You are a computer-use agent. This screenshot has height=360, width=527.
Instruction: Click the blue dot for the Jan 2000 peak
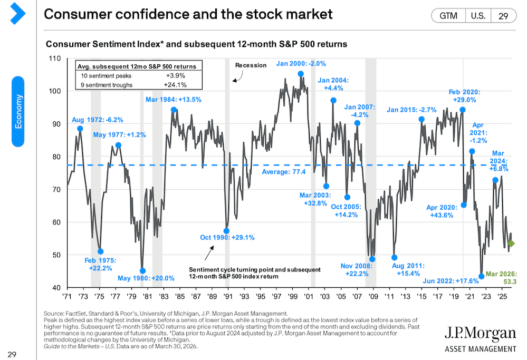[x=301, y=74]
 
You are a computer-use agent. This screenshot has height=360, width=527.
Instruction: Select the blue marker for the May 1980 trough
[x=142, y=271]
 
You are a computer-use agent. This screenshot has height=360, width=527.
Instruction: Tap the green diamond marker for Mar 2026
[x=511, y=244]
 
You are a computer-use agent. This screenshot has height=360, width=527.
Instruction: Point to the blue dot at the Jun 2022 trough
[x=481, y=276]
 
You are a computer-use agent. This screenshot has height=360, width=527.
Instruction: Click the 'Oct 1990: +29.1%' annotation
[x=227, y=238]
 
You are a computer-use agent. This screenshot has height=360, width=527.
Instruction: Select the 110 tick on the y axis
[x=54, y=57]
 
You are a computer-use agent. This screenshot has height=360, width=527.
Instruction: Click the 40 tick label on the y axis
[x=56, y=288]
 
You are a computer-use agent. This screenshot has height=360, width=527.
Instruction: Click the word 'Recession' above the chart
[x=251, y=65]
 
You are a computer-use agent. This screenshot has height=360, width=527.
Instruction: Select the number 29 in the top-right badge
[x=503, y=16]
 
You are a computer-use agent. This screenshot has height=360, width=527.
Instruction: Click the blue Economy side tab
[x=18, y=111]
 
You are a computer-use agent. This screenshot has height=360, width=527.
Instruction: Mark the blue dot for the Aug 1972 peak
[x=80, y=129]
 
